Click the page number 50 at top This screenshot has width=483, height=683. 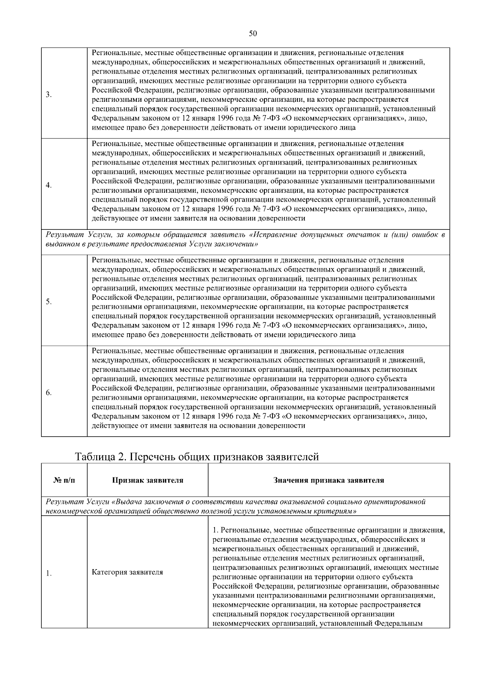click(x=253, y=34)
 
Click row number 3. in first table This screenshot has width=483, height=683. click(x=48, y=95)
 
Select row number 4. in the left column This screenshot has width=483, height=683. click(x=48, y=186)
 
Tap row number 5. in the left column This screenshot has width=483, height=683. click(x=48, y=302)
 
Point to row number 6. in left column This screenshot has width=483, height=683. click(x=48, y=393)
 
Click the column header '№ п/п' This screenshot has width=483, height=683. click(x=64, y=480)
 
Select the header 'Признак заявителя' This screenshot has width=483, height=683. click(x=147, y=480)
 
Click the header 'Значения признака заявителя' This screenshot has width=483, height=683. click(x=328, y=480)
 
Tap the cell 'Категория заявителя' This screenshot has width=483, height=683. click(x=127, y=572)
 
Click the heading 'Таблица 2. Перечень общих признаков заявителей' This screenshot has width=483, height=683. click(x=197, y=457)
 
